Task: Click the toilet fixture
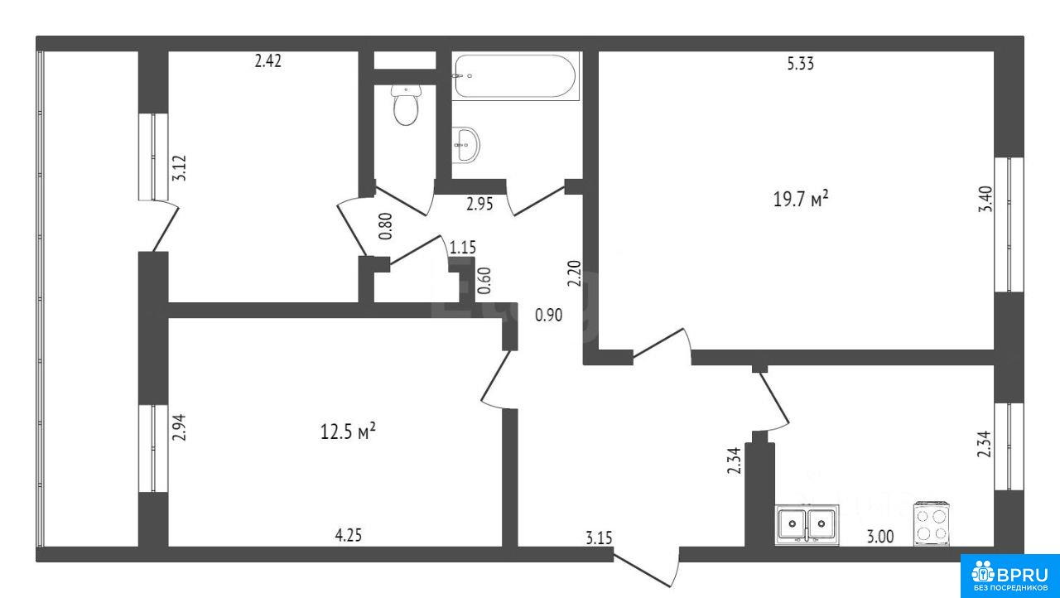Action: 406,105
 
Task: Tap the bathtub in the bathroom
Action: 515,75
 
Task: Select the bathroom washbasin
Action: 465,144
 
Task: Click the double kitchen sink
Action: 807,524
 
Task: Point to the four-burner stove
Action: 932,523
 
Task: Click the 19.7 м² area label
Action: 801,199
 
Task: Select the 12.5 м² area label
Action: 349,432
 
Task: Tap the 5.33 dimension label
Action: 800,64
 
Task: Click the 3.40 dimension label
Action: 985,200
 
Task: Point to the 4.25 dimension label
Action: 349,535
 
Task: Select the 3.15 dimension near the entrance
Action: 599,538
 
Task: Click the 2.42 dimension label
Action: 267,61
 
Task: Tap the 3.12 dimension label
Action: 180,168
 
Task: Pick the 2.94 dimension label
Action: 180,427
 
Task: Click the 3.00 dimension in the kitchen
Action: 880,537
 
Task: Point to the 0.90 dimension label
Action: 548,315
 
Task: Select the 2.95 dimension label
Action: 479,204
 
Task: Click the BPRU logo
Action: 1009,576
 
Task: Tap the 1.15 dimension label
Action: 462,247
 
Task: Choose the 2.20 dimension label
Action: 575,273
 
